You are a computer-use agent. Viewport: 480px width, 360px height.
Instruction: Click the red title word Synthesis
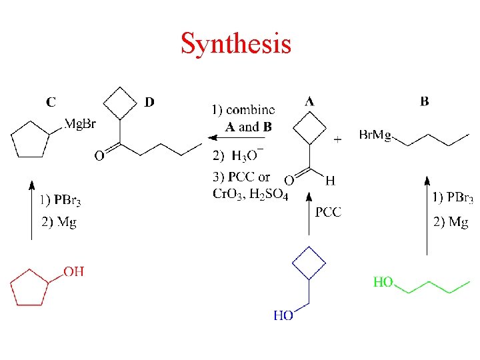pyautogui.click(x=236, y=44)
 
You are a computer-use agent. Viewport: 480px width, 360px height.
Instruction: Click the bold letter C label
pyautogui.click(x=51, y=103)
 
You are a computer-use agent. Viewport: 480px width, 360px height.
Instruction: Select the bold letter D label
pyautogui.click(x=149, y=102)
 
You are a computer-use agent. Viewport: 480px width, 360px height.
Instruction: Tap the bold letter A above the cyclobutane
pyautogui.click(x=309, y=102)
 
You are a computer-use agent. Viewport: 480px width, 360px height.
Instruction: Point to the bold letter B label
pyautogui.click(x=425, y=102)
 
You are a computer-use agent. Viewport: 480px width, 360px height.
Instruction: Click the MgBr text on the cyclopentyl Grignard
pyautogui.click(x=80, y=125)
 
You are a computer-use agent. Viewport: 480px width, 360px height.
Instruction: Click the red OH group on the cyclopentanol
pyautogui.click(x=73, y=271)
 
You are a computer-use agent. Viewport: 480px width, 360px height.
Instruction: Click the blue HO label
pyautogui.click(x=283, y=315)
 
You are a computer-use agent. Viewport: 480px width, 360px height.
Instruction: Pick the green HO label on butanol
pyautogui.click(x=383, y=282)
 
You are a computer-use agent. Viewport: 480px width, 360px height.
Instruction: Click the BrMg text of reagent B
pyautogui.click(x=375, y=135)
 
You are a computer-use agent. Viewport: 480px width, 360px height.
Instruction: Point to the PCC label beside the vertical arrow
pyautogui.click(x=328, y=212)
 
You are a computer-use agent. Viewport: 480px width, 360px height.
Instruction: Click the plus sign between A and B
pyautogui.click(x=337, y=139)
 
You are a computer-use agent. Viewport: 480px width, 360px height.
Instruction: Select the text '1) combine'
pyautogui.click(x=243, y=109)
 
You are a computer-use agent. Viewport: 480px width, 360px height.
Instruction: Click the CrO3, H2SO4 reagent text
pyautogui.click(x=250, y=194)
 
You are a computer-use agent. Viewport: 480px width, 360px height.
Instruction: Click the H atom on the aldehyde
pyautogui.click(x=330, y=180)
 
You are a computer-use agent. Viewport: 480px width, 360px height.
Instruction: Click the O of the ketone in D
pyautogui.click(x=99, y=156)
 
